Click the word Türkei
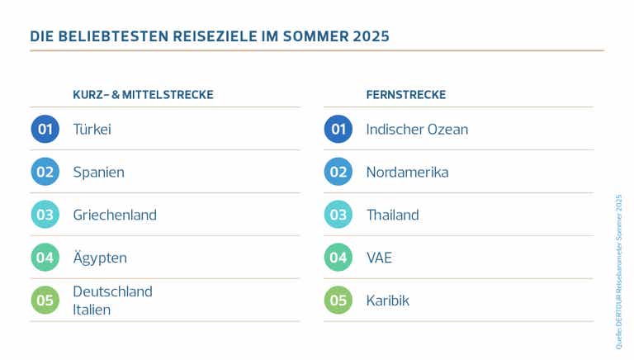click(x=92, y=130)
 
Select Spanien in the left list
click(x=98, y=173)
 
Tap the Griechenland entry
click(x=114, y=216)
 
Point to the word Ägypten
click(x=100, y=258)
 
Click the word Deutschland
click(x=112, y=291)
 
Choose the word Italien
click(x=92, y=310)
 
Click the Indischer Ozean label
click(x=417, y=130)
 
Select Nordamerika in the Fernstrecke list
click(x=407, y=173)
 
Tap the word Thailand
click(x=392, y=216)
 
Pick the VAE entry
click(x=379, y=258)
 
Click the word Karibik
click(x=387, y=301)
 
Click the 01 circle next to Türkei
click(x=45, y=130)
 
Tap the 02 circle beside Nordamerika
click(x=338, y=173)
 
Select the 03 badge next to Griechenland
click(x=45, y=216)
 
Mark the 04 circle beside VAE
click(x=338, y=258)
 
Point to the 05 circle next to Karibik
click(x=338, y=301)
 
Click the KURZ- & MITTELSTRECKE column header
click(x=143, y=95)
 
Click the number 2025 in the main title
click(x=369, y=36)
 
